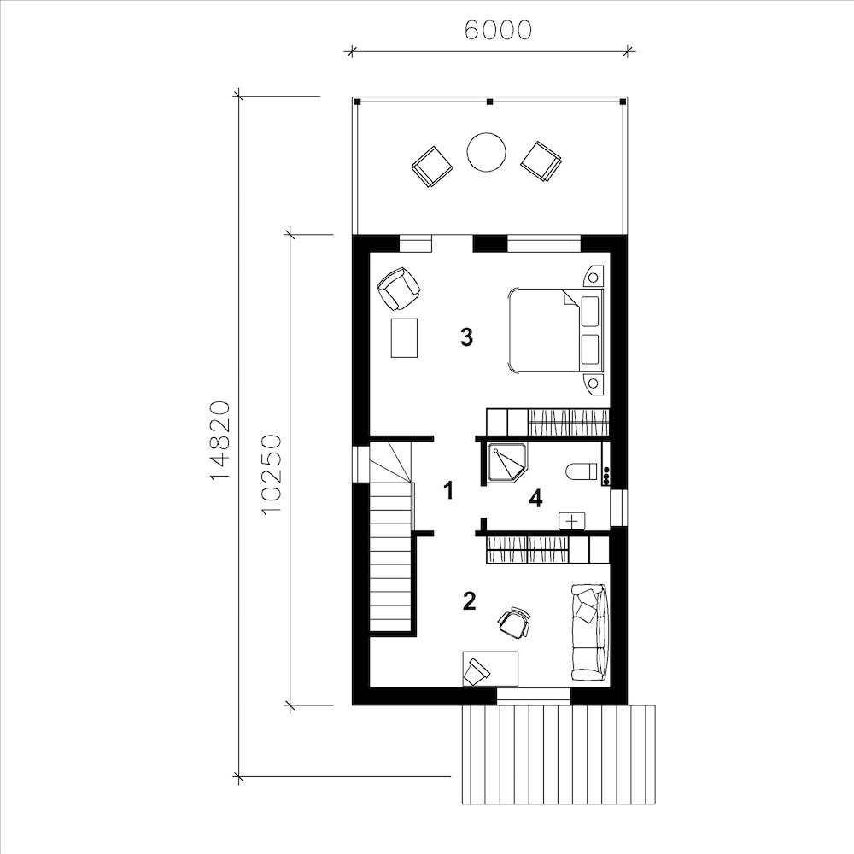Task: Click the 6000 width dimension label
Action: (x=498, y=31)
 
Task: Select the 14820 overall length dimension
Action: (x=220, y=442)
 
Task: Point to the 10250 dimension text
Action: (x=271, y=474)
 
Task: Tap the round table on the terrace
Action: (x=487, y=152)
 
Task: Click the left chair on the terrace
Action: (x=432, y=167)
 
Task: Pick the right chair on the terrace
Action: (x=541, y=161)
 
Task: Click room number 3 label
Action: (x=466, y=337)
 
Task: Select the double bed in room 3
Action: (x=556, y=330)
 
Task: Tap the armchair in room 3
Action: (x=399, y=289)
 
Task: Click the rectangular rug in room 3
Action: (x=405, y=337)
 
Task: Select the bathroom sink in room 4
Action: (x=572, y=521)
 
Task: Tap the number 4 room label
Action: (x=536, y=499)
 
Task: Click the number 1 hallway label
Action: (x=447, y=491)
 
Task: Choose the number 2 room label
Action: (x=469, y=600)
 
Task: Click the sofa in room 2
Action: (x=588, y=632)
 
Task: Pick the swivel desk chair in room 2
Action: (x=514, y=622)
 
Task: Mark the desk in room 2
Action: (x=490, y=669)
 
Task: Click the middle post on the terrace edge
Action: (x=489, y=102)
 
